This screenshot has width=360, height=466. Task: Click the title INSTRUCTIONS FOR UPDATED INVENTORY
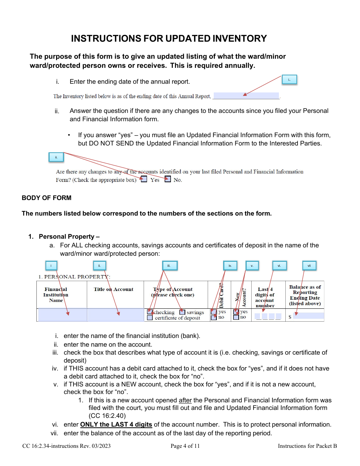tap(169, 39)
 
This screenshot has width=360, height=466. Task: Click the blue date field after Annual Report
tap(246, 96)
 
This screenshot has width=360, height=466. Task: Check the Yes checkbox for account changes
tap(144, 180)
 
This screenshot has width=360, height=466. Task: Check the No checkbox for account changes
tap(168, 180)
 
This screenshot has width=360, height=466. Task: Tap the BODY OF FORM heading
tap(46, 198)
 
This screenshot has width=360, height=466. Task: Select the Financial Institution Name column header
tap(56, 295)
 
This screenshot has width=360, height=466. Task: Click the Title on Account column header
tap(114, 289)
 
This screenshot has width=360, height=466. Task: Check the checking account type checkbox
tap(150, 312)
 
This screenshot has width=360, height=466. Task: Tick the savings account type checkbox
tap(182, 312)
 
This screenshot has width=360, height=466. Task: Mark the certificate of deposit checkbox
tap(150, 318)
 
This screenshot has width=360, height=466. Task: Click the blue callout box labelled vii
tap(309, 266)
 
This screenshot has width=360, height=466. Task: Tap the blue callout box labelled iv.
tap(230, 266)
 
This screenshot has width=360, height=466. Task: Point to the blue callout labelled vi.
tap(279, 266)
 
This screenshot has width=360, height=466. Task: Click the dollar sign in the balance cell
tap(290, 317)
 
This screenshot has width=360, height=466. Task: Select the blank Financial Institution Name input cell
tap(62, 315)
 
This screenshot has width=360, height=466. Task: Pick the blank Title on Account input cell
tap(115, 315)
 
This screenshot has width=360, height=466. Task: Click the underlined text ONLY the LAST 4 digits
tap(116, 425)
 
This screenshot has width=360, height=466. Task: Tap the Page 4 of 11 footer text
tap(185, 446)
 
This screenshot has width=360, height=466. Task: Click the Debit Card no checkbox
tap(214, 317)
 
